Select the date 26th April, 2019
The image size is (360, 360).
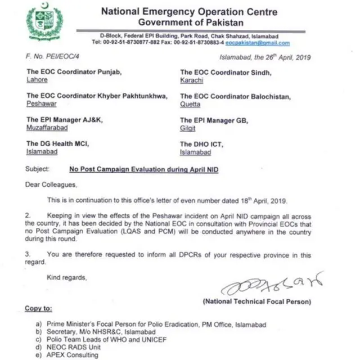coord(280,57)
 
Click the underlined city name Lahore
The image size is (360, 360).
coord(37,80)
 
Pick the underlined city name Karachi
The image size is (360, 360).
coord(191,80)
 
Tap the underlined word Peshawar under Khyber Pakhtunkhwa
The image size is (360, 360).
coord(42,105)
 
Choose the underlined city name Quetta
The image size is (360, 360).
coord(190,105)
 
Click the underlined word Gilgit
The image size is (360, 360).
coord(188,128)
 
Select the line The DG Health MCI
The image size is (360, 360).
coord(58,145)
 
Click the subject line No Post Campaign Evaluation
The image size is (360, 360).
coord(143,169)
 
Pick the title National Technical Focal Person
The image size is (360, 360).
coord(256,302)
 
